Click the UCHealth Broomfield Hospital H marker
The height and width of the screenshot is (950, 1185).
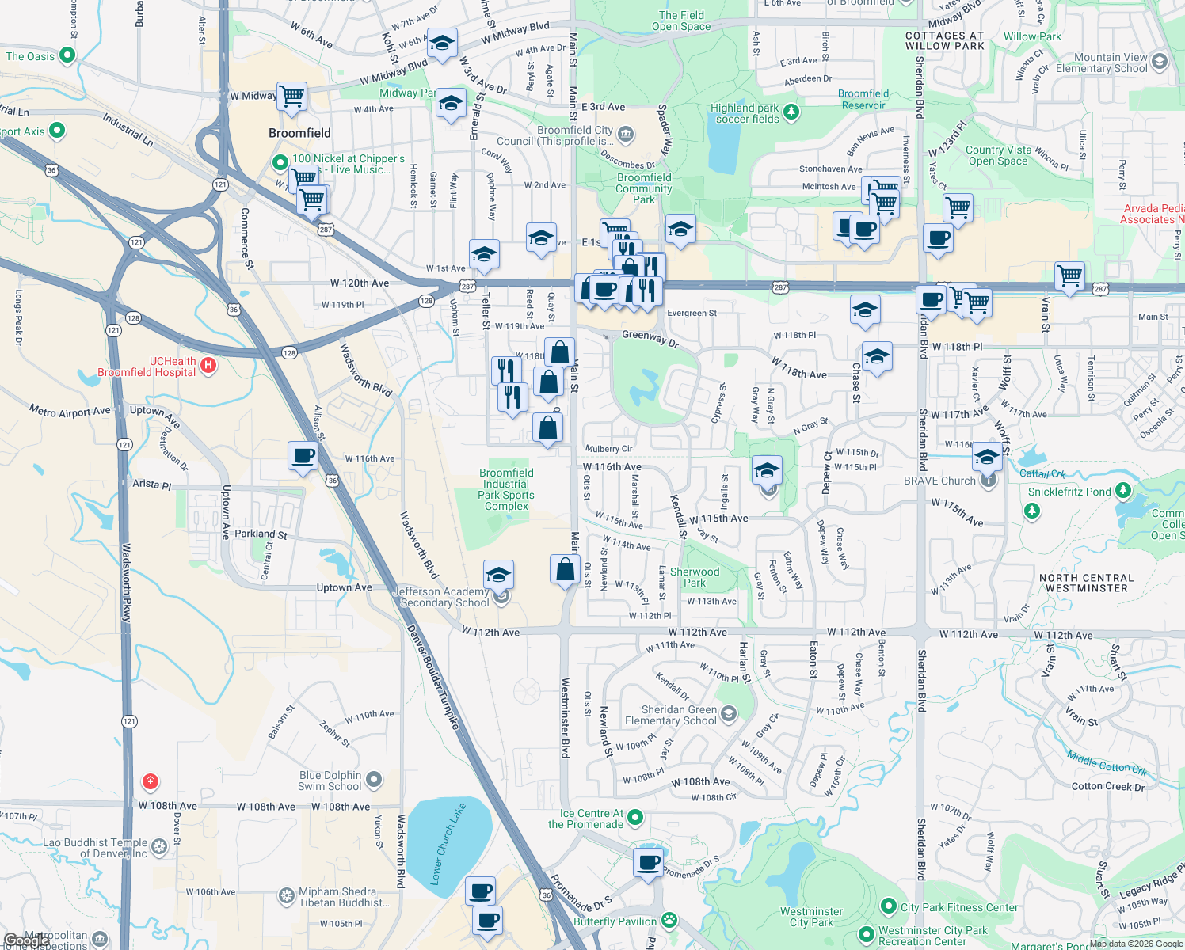(x=208, y=365)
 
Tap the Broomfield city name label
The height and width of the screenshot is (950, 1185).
(x=299, y=133)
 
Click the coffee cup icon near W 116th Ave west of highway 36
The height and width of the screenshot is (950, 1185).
(x=303, y=457)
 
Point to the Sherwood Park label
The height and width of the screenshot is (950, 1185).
(x=695, y=577)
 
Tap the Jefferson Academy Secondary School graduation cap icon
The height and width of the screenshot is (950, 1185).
(x=498, y=574)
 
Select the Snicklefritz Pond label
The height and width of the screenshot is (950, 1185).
(x=1069, y=492)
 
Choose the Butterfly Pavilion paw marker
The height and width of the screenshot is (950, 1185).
(x=670, y=920)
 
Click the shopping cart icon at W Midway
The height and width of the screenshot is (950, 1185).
(x=292, y=97)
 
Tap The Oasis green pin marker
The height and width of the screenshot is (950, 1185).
(x=67, y=55)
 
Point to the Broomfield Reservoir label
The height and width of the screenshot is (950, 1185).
(x=863, y=99)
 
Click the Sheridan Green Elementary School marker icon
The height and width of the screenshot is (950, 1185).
(x=728, y=715)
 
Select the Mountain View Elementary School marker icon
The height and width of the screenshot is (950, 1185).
(x=1160, y=62)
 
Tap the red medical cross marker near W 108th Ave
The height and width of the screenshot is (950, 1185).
(x=150, y=782)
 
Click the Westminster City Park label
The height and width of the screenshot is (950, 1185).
(x=811, y=917)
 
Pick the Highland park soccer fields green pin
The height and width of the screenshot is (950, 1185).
(x=791, y=113)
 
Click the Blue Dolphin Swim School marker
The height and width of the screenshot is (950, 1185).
(x=374, y=781)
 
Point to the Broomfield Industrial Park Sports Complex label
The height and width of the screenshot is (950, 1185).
(x=506, y=489)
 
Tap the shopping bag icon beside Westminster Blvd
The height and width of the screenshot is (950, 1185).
(x=566, y=569)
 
